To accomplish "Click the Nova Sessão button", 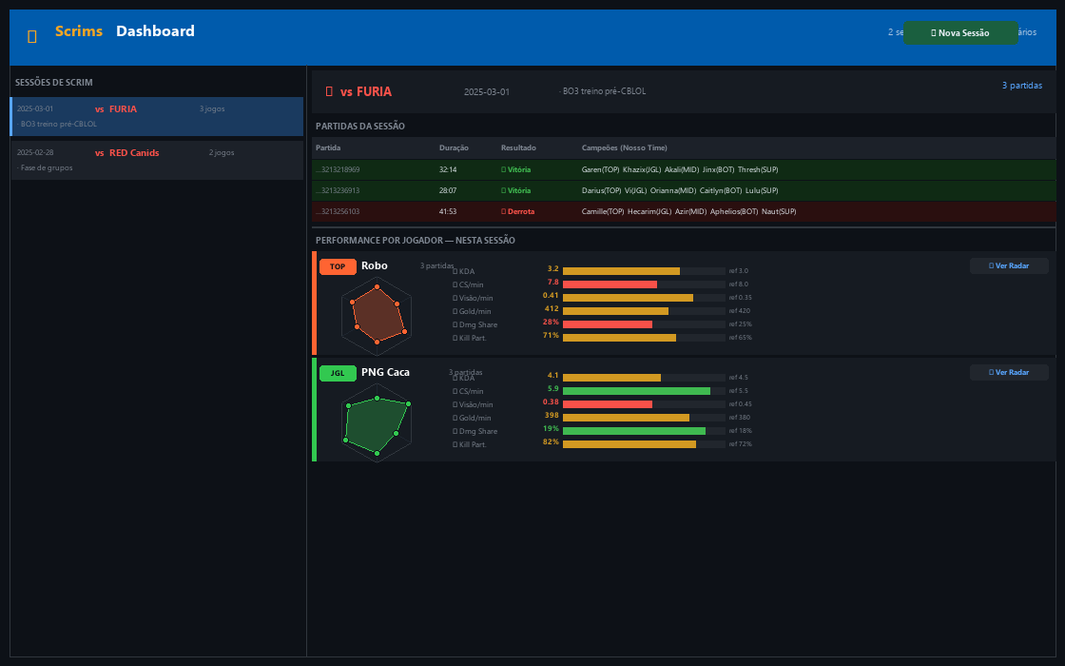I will coord(960,32).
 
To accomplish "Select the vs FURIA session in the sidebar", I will coord(157,116).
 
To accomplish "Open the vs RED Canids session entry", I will coord(157,160).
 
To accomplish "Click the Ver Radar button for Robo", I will coord(1009,265).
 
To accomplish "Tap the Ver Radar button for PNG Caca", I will coord(1009,372).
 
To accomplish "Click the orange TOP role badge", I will coord(338,266).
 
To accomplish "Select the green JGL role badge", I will coord(338,373).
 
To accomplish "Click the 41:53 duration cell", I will coord(448,211).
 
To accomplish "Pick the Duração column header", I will coord(454,147).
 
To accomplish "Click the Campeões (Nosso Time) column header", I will coord(624,147).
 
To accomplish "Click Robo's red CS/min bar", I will coord(610,284).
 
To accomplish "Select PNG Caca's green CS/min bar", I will coord(636,390).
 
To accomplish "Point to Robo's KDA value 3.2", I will coord(552,269).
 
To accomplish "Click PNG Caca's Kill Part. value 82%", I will coord(551,442).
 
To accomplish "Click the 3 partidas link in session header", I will coord(1021,85).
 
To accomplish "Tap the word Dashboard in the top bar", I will coord(155,31).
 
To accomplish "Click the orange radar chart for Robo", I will coord(377,313).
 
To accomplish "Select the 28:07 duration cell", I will coord(448,190).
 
